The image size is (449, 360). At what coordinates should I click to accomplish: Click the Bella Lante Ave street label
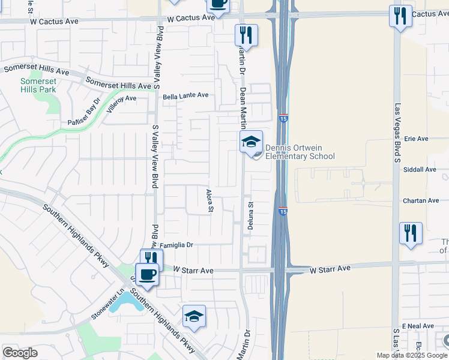185,95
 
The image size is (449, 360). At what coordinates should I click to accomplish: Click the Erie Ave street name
416,139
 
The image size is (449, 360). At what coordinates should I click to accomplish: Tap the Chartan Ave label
421,201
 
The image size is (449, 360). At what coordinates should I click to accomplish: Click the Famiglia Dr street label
176,245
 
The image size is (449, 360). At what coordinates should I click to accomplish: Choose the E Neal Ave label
418,326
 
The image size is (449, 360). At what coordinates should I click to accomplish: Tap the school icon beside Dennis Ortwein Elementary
252,142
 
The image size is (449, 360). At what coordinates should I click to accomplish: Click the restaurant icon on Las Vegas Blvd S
411,233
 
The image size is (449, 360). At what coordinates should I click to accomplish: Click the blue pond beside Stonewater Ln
127,302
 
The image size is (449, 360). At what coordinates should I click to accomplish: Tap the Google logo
20,353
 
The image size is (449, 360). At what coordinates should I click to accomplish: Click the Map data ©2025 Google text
412,355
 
